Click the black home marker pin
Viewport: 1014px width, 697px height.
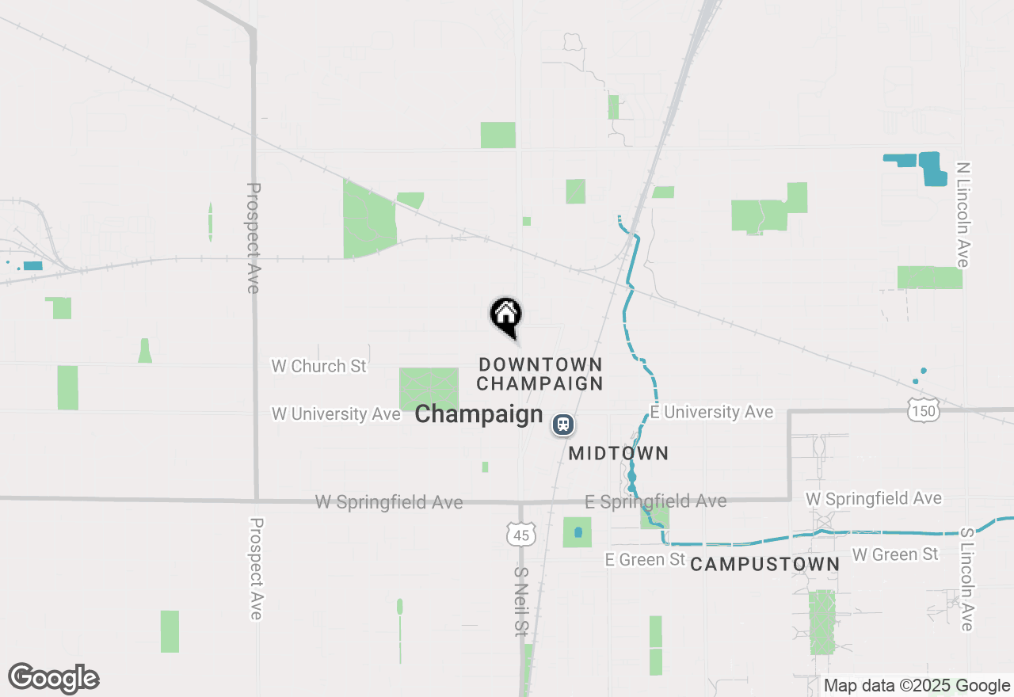coord(505,315)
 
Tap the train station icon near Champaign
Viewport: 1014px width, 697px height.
coord(562,425)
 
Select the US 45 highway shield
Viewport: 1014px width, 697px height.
coord(520,535)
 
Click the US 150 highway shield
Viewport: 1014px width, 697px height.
coord(924,409)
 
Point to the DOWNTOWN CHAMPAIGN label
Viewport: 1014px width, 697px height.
coord(540,374)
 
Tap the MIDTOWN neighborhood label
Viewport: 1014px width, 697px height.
coord(619,454)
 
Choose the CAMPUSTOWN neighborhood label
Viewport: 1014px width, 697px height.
coord(764,564)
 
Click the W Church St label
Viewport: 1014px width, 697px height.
coord(319,366)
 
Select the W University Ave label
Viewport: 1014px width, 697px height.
coord(336,414)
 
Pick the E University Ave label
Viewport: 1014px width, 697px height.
coord(711,412)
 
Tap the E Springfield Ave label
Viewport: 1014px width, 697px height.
coord(655,501)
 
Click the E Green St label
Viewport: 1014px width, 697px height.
coord(645,559)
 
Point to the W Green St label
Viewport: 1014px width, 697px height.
coord(894,554)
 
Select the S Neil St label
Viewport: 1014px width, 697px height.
coord(520,601)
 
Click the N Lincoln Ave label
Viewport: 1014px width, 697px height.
coord(963,215)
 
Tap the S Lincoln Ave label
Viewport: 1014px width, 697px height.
coord(966,580)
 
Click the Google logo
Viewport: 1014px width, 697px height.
coord(53,679)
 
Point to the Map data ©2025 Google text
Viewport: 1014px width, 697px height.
coord(917,686)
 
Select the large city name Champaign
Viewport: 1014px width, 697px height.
coord(478,414)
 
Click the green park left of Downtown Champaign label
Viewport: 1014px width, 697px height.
coord(429,389)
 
